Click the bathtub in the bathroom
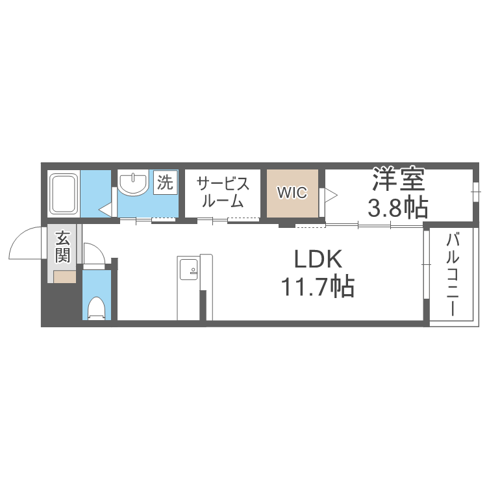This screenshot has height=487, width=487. point(64,193)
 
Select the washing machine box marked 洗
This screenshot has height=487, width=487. point(166,182)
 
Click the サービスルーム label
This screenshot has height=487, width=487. point(223,192)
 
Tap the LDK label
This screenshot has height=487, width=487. point(318,260)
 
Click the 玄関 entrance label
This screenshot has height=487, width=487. point(63,246)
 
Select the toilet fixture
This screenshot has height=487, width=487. point(97,307)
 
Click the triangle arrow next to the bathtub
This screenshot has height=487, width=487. point(105,209)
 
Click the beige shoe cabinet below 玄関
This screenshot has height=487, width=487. point(64,277)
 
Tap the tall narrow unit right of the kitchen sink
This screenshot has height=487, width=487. point(206,286)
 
